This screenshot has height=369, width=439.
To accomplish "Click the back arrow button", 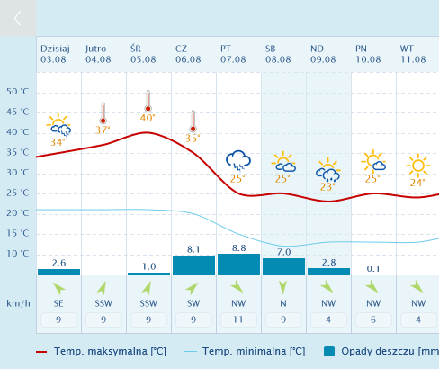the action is (x=18, y=18).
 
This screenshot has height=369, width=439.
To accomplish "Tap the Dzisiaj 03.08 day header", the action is (x=55, y=54).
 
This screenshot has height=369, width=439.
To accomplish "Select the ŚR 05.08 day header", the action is (x=143, y=54).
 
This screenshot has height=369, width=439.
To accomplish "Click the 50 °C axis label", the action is (x=18, y=92).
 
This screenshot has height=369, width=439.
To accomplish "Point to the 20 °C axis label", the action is (x=18, y=213).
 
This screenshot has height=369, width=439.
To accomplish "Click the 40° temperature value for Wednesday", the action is (x=148, y=118).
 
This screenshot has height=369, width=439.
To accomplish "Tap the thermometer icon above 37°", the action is (x=103, y=113).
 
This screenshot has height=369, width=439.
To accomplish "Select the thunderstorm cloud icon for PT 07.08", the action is (x=238, y=160).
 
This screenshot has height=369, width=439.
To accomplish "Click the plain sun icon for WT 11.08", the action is (x=418, y=166).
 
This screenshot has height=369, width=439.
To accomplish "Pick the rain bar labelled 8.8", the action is (x=238, y=264).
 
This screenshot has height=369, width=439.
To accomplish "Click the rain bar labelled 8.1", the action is (x=193, y=265).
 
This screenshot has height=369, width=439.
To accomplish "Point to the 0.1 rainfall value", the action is (x=373, y=269).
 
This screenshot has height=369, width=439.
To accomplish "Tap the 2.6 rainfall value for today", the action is (x=58, y=263).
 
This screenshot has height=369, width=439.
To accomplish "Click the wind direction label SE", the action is (x=58, y=303).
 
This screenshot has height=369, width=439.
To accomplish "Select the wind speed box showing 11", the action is (x=238, y=319).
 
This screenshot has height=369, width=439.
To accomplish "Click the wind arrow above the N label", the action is (x=283, y=287).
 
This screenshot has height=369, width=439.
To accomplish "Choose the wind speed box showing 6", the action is (x=373, y=319).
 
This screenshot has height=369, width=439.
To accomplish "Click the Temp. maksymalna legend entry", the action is (x=101, y=351).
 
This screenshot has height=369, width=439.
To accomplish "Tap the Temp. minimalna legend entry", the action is (x=245, y=351).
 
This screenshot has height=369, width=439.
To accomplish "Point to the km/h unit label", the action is (x=18, y=303).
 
